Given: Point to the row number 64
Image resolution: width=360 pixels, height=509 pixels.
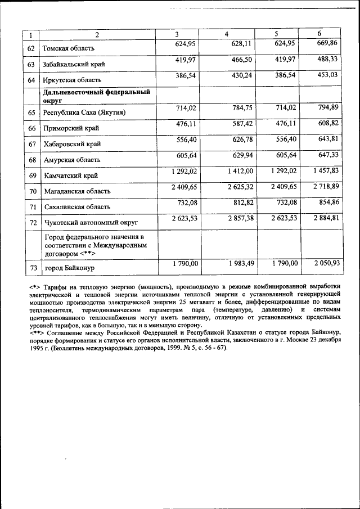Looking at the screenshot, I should pyautogui.click(x=31, y=80).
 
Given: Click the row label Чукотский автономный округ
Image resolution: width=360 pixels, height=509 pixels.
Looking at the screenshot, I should pyautogui.click(x=91, y=223).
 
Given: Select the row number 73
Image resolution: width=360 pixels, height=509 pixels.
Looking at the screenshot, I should pyautogui.click(x=31, y=268).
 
